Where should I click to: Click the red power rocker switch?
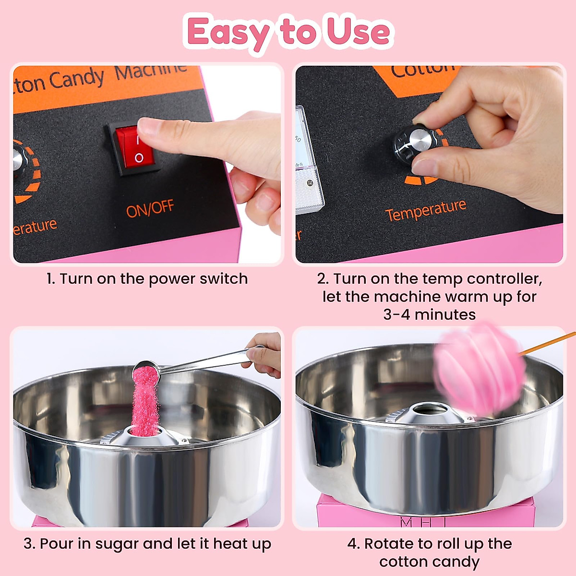pyautogui.click(x=136, y=147)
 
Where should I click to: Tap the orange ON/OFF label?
pyautogui.click(x=150, y=209)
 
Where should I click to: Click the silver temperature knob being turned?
pyautogui.click(x=416, y=143)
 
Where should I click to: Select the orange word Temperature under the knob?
pyautogui.click(x=425, y=210)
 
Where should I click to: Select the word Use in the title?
pyautogui.click(x=358, y=32)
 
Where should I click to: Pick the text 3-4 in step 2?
pyautogui.click(x=397, y=315)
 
